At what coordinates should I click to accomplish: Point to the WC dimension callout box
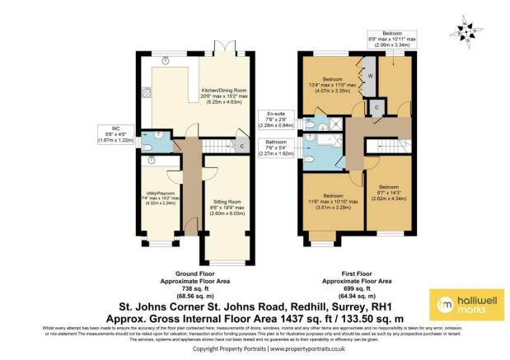(112, 133)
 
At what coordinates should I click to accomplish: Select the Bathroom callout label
(278, 147)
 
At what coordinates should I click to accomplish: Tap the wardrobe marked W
(371, 76)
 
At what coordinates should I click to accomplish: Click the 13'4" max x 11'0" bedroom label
(334, 88)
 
